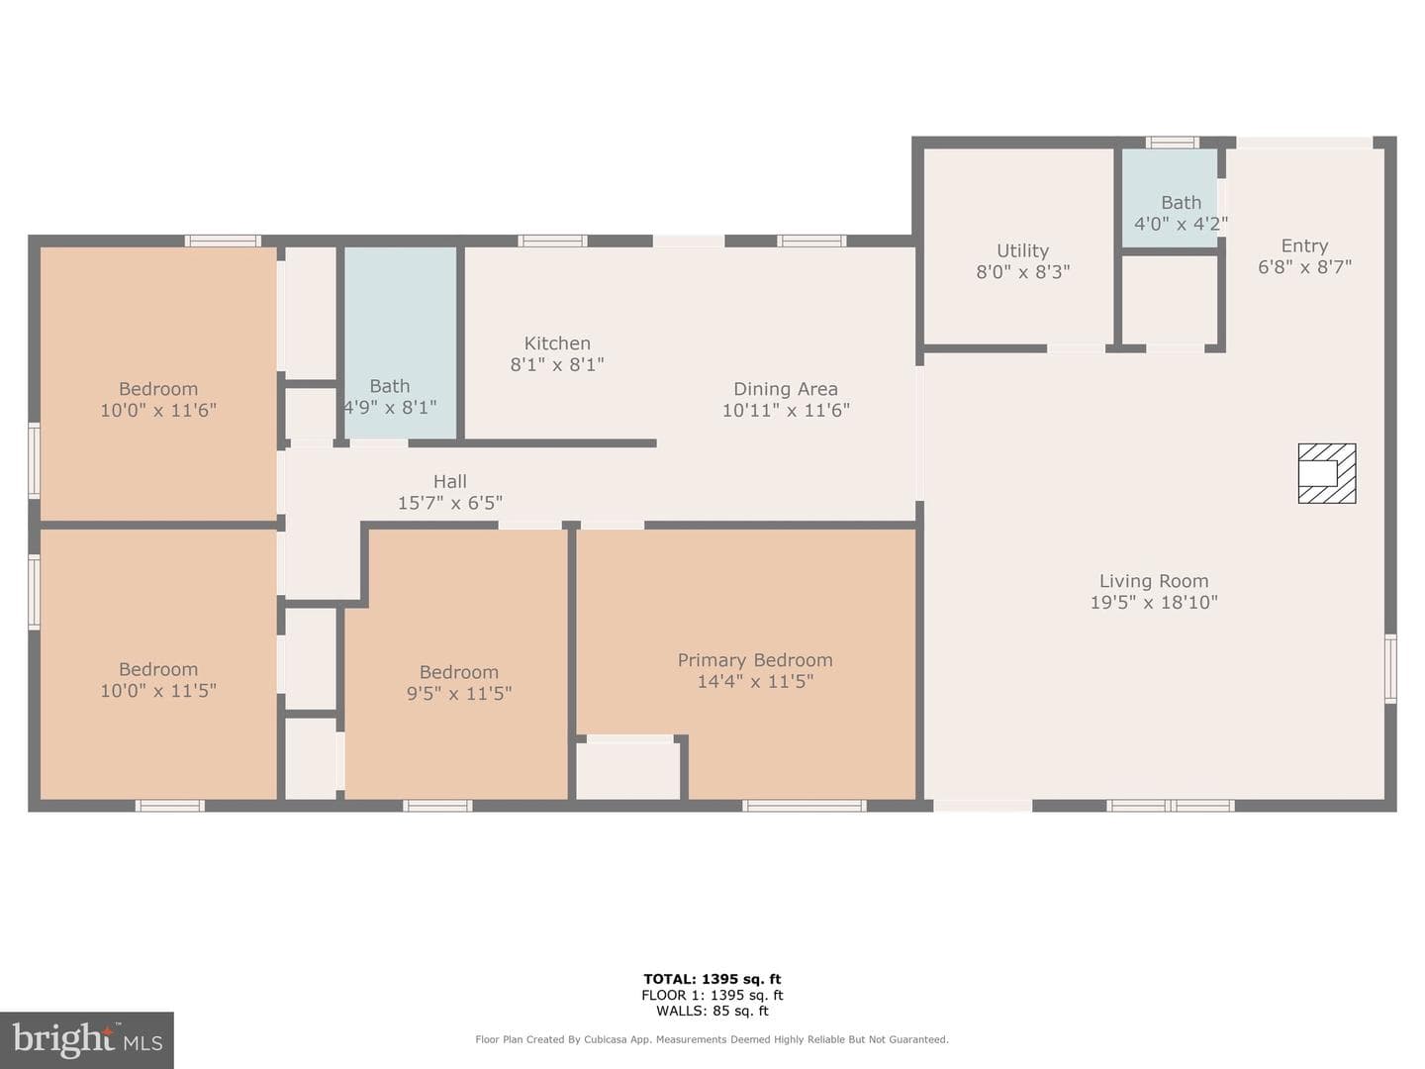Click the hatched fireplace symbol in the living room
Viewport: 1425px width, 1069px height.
coord(1326,473)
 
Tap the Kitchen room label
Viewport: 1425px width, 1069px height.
coord(557,342)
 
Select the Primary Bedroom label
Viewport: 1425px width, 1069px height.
coord(755,660)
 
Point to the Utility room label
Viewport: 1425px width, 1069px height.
coord(1022,250)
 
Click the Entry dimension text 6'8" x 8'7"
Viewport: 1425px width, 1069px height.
coord(1304,267)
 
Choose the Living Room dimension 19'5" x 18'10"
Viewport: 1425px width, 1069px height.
coord(1154,603)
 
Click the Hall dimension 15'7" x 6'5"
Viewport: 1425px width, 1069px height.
coord(450,503)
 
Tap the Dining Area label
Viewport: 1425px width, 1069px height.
coord(786,389)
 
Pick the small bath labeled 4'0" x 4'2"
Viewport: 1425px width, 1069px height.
coord(1170,198)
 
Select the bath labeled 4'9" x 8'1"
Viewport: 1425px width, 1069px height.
coord(400,343)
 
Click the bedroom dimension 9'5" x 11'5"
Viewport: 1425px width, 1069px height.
coord(459,693)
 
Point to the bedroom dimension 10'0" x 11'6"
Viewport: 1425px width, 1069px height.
coord(158,410)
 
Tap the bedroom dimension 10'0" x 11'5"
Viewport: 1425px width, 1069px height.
coord(158,691)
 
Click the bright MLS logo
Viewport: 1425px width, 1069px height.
coord(87,1039)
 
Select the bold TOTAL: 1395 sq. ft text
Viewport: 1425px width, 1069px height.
coord(712,979)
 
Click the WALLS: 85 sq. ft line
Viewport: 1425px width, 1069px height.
coord(712,1011)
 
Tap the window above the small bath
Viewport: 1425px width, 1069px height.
coord(1172,143)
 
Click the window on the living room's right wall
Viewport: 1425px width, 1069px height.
coord(1390,669)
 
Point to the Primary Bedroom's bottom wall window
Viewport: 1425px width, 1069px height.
coord(805,806)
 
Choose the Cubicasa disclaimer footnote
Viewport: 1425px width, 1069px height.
coord(712,1039)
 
